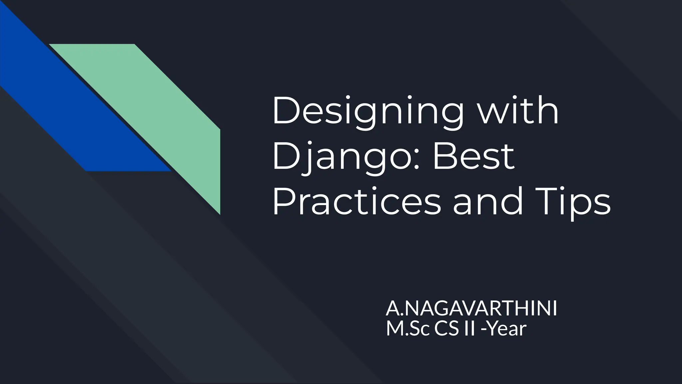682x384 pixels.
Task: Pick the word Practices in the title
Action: click(356, 201)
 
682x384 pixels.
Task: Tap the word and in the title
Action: click(488, 201)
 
